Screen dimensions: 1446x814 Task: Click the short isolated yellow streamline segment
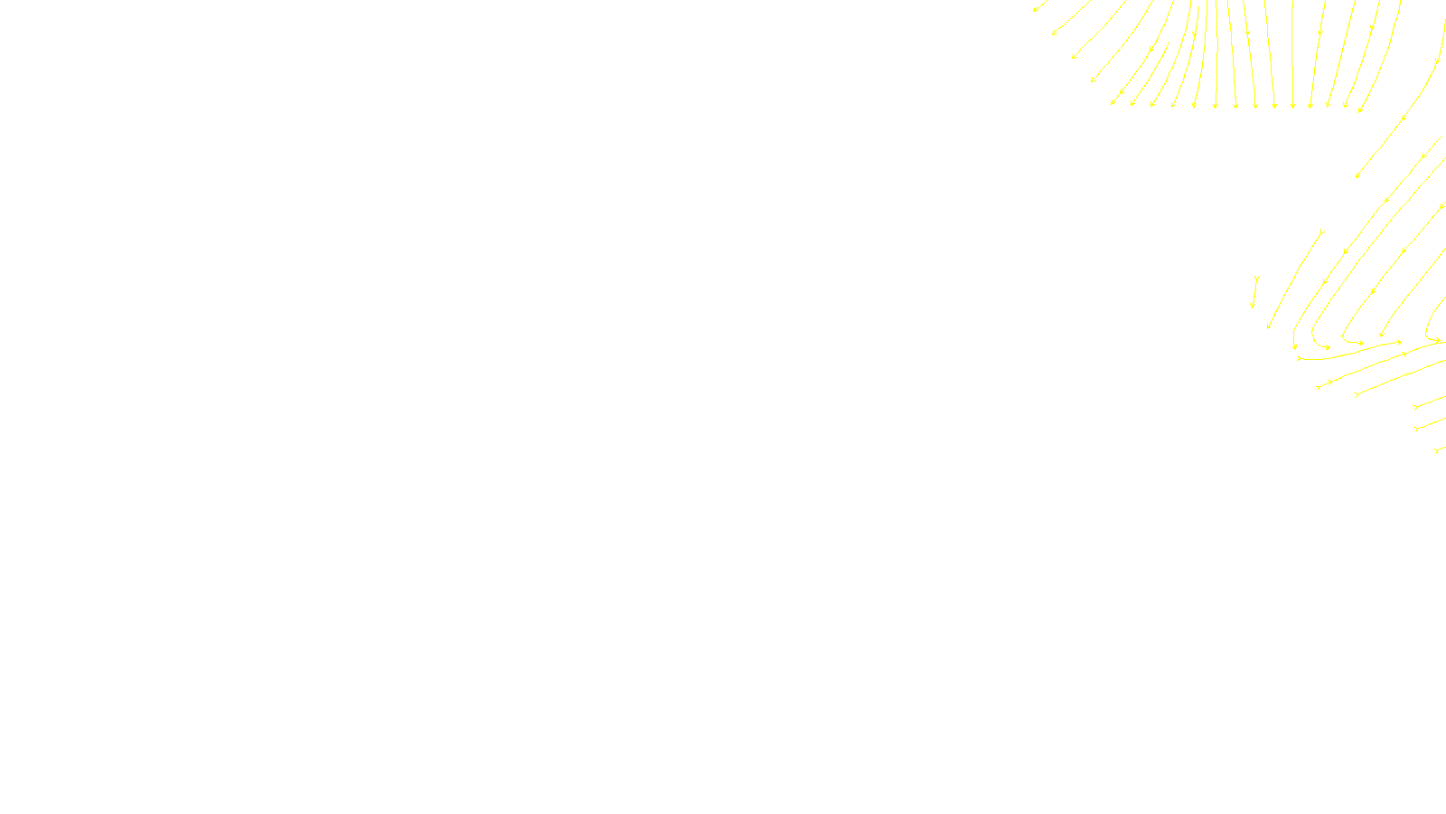point(1254,292)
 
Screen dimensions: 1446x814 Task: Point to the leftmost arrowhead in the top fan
point(1035,10)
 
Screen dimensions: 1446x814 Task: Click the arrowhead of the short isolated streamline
point(1253,307)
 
